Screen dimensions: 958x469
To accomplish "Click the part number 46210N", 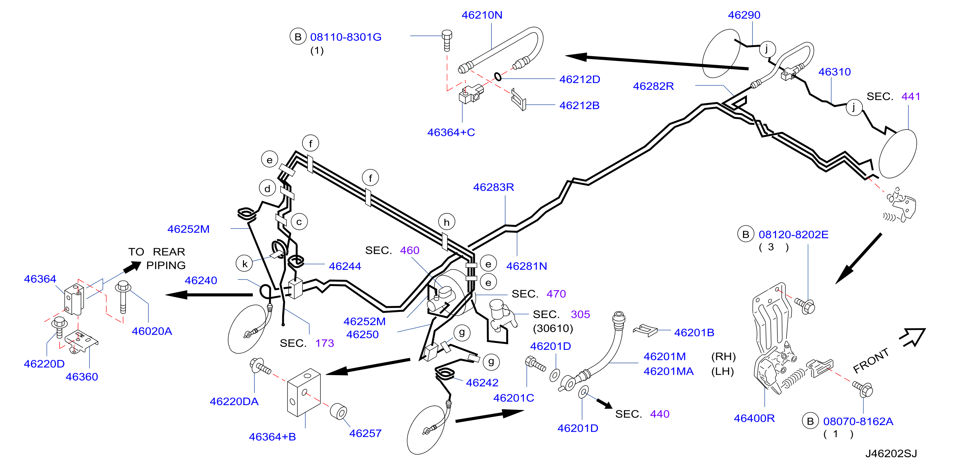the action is [482, 15].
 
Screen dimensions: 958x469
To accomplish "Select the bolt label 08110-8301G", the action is [345, 37].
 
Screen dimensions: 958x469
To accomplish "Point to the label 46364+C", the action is [451, 132].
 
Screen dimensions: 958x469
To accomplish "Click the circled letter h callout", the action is [447, 222].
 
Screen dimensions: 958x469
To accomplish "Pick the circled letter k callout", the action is [245, 264].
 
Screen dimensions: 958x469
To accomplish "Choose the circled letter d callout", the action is [267, 189].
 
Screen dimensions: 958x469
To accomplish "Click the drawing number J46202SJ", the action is [891, 454].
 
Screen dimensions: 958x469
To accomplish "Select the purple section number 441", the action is [911, 96].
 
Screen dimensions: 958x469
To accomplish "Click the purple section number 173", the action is [325, 343].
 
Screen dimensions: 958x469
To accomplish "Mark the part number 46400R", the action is [754, 418].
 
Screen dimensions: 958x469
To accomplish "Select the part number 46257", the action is [365, 433].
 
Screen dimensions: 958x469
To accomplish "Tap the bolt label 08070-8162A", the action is [858, 421].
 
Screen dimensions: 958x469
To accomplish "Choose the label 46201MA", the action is [668, 371].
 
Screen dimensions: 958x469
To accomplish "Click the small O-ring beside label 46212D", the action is [498, 77].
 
